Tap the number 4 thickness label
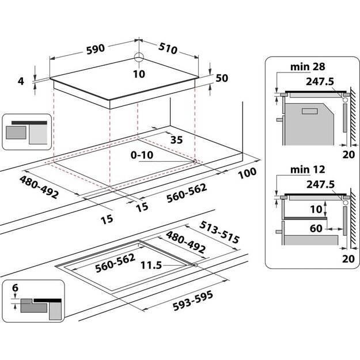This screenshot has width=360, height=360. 21,81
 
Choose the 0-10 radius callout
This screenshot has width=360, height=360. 142,155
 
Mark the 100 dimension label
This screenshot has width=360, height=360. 249,173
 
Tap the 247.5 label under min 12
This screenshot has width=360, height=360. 321,184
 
